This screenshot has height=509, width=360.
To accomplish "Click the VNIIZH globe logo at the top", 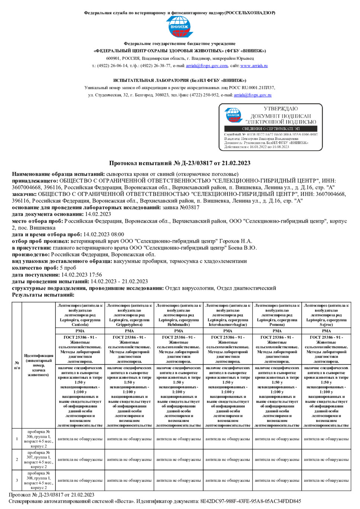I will (x=179, y=26).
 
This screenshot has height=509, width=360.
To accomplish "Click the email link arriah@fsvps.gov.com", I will (x=207, y=66).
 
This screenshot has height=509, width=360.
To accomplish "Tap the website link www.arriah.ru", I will (x=254, y=66).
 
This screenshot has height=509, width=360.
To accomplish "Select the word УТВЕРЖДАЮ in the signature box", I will (x=281, y=109).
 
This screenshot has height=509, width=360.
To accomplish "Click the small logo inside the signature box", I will (x=233, y=115).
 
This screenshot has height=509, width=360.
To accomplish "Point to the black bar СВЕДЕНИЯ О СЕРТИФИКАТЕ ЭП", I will (x=271, y=129).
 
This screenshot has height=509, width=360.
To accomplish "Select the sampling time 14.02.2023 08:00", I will (x=104, y=235).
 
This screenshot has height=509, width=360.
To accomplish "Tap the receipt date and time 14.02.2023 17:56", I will (x=81, y=275).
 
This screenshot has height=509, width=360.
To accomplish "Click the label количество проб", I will (x=35, y=268).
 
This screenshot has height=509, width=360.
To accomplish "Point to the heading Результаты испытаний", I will (x=43, y=295).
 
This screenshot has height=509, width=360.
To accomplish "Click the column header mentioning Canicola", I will (x=80, y=315).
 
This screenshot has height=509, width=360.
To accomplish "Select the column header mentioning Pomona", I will (x=277, y=315).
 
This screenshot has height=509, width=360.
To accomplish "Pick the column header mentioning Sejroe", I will (x=326, y=315).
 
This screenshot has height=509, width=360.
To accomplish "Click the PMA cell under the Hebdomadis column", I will (x=179, y=331).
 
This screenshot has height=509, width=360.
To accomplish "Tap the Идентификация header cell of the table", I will (x=38, y=365).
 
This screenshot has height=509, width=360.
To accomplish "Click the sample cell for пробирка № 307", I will (x=39, y=460).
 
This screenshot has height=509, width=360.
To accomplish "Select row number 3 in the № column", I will (x=17, y=480).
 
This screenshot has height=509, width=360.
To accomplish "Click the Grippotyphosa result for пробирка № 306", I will (x=129, y=439).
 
